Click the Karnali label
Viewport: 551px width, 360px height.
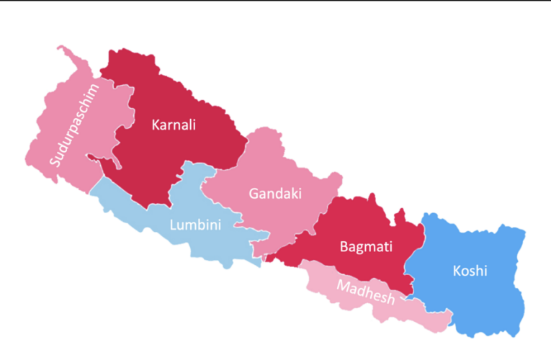174,125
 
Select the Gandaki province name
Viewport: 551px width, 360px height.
274,194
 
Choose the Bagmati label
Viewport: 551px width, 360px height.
366,247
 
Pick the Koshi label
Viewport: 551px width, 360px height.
470,271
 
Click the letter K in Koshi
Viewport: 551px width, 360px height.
457,271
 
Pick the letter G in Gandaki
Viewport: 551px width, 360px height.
254,194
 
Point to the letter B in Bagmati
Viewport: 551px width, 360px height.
344,247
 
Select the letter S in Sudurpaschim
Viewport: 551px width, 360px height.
55,160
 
